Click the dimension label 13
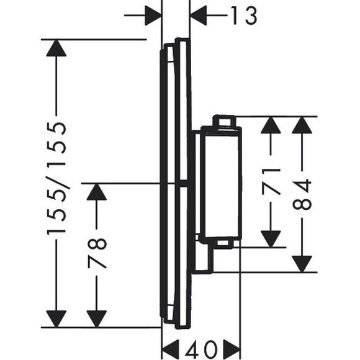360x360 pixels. click(243, 16)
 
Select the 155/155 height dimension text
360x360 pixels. click(56, 178)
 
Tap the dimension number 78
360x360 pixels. click(97, 253)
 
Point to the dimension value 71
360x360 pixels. click(271, 181)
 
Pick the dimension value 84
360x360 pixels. click(302, 195)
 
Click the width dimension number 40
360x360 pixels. click(201, 349)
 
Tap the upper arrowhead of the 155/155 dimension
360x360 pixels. click(56, 48)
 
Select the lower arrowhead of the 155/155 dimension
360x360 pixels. click(56, 319)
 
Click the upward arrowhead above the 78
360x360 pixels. click(97, 192)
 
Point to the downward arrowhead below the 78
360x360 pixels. click(97, 319)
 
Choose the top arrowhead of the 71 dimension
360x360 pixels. click(271, 125)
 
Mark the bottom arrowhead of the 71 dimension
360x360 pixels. click(271, 239)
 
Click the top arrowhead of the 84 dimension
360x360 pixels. click(302, 125)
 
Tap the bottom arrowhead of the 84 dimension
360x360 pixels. click(302, 264)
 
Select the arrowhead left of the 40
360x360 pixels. click(171, 349)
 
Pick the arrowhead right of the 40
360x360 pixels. click(232, 349)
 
